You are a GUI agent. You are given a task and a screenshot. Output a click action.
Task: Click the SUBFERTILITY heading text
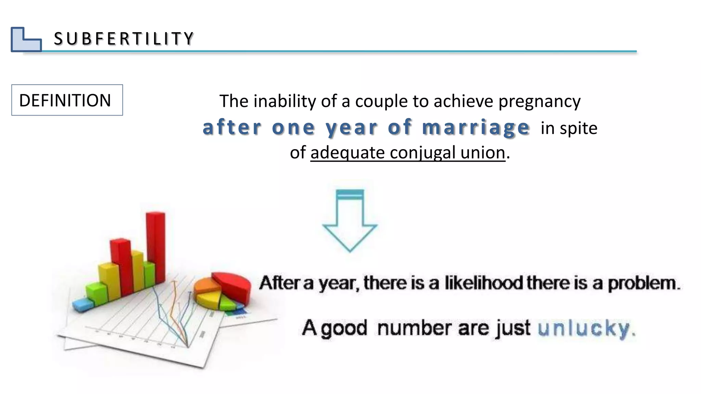(124, 38)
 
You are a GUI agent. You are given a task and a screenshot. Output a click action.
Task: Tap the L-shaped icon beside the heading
(26, 40)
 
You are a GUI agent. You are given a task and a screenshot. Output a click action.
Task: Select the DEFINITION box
(67, 100)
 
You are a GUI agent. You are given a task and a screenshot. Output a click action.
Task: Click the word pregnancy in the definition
(539, 102)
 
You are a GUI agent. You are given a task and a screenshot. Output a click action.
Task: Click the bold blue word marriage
(476, 128)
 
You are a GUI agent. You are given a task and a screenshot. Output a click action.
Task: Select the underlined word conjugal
(423, 153)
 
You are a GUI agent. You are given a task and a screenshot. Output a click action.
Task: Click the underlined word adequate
(347, 153)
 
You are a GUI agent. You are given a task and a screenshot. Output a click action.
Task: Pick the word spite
(578, 129)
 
